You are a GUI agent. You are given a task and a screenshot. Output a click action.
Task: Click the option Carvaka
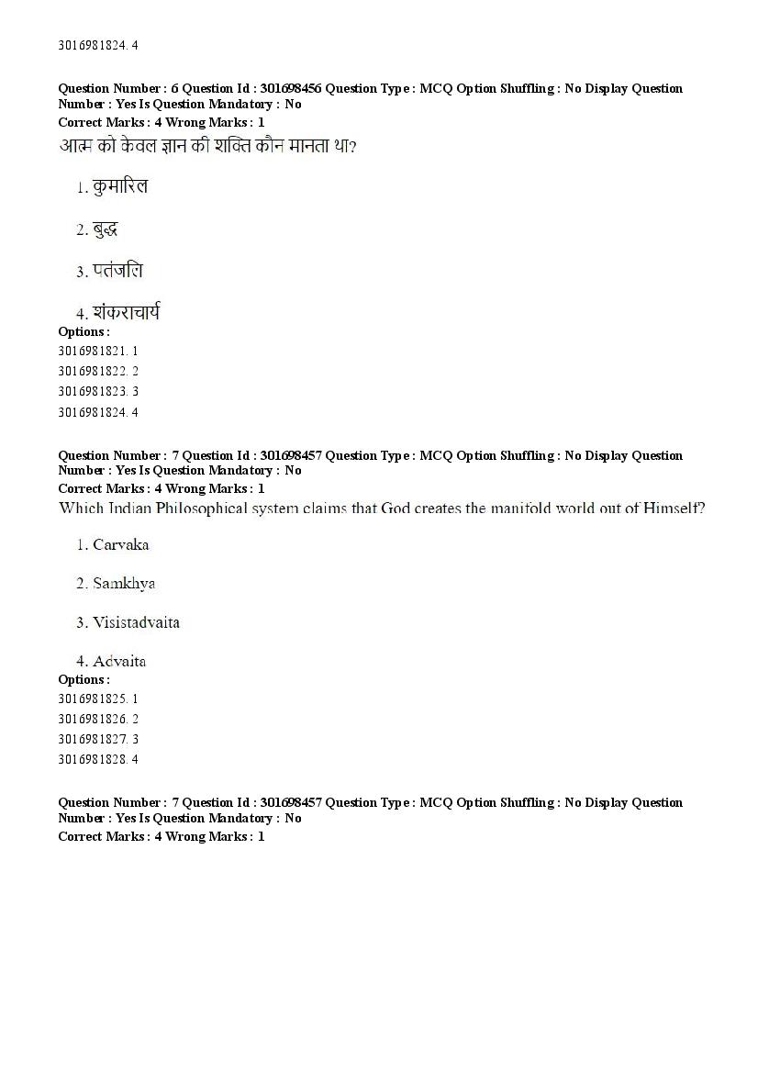tap(120, 545)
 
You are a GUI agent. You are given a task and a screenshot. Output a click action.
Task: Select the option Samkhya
tap(123, 584)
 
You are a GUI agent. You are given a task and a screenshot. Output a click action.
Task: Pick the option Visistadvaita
tap(136, 622)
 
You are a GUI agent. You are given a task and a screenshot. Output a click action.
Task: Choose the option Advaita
tap(119, 661)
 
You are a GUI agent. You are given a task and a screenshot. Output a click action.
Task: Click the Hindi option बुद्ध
tap(105, 229)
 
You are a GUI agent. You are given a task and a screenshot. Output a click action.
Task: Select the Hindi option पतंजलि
tap(117, 271)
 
